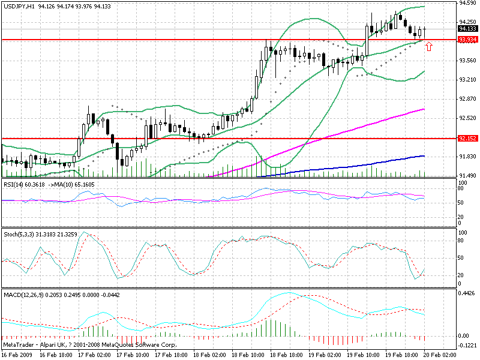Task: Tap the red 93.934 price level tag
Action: [467, 40]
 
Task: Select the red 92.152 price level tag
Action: [467, 139]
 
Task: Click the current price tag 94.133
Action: [467, 28]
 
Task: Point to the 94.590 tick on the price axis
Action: [467, 3]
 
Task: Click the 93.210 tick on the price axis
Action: [467, 79]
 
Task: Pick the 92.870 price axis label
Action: [467, 98]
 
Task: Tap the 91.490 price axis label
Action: [467, 175]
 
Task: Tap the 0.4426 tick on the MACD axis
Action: [467, 293]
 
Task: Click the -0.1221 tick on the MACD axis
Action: [467, 345]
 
